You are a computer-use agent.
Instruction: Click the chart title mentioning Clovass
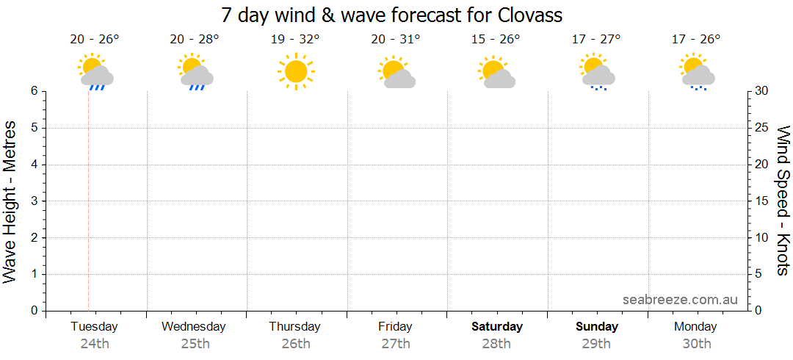392,15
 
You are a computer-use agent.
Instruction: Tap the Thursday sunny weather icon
295,71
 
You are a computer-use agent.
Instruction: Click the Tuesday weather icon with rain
95,72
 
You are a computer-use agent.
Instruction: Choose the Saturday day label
497,326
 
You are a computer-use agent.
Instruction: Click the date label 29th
596,343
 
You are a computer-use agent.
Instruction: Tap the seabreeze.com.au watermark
680,299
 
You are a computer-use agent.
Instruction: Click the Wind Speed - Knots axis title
783,200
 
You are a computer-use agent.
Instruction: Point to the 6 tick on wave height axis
34,91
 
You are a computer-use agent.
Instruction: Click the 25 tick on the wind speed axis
762,128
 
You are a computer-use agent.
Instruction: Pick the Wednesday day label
193,326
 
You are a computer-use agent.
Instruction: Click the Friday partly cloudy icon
396,73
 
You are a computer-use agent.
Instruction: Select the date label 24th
94,343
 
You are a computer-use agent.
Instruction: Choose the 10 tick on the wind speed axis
762,237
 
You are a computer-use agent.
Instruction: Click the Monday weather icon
697,72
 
